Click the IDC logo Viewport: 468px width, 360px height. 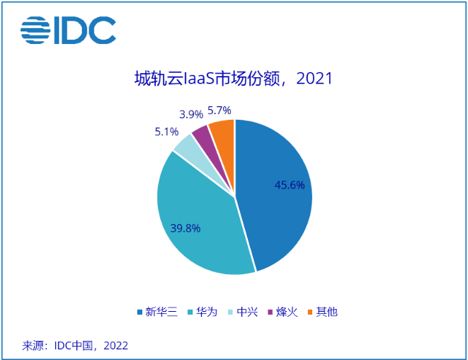pos(68,30)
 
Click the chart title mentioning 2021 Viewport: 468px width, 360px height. pos(234,78)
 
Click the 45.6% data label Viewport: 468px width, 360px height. pos(290,185)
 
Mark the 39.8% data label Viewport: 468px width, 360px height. pos(186,228)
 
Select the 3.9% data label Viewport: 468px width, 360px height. pos(192,113)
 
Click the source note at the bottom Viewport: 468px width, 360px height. pos(75,346)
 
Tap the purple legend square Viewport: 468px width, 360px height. pos(270,312)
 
